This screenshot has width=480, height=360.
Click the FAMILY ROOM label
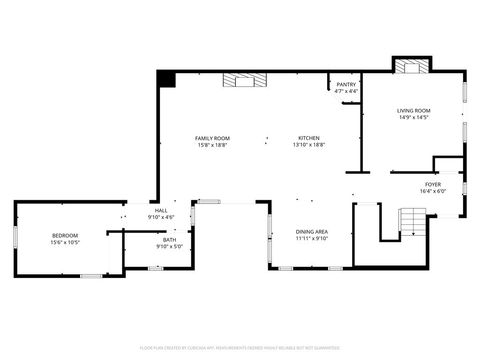[212, 138]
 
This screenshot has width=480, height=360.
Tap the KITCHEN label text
[309, 138]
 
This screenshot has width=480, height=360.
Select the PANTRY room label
[346, 85]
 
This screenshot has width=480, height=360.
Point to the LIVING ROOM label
[413, 111]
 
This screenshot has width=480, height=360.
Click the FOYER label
[431, 185]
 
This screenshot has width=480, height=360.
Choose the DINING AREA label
[311, 232]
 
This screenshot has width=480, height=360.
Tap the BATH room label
[169, 239]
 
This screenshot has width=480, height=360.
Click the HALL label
[160, 211]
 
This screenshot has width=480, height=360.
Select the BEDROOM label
[65, 235]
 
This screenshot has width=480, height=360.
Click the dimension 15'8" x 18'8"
[212, 145]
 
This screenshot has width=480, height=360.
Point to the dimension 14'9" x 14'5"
[413, 118]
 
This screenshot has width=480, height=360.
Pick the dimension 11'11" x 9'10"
[311, 239]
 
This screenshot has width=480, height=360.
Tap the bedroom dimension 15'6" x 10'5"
[65, 242]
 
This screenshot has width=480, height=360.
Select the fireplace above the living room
[411, 67]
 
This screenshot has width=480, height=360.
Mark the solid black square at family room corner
[166, 78]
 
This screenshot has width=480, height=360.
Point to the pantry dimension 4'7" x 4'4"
[346, 92]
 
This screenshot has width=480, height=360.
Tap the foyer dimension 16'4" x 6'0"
[431, 192]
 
